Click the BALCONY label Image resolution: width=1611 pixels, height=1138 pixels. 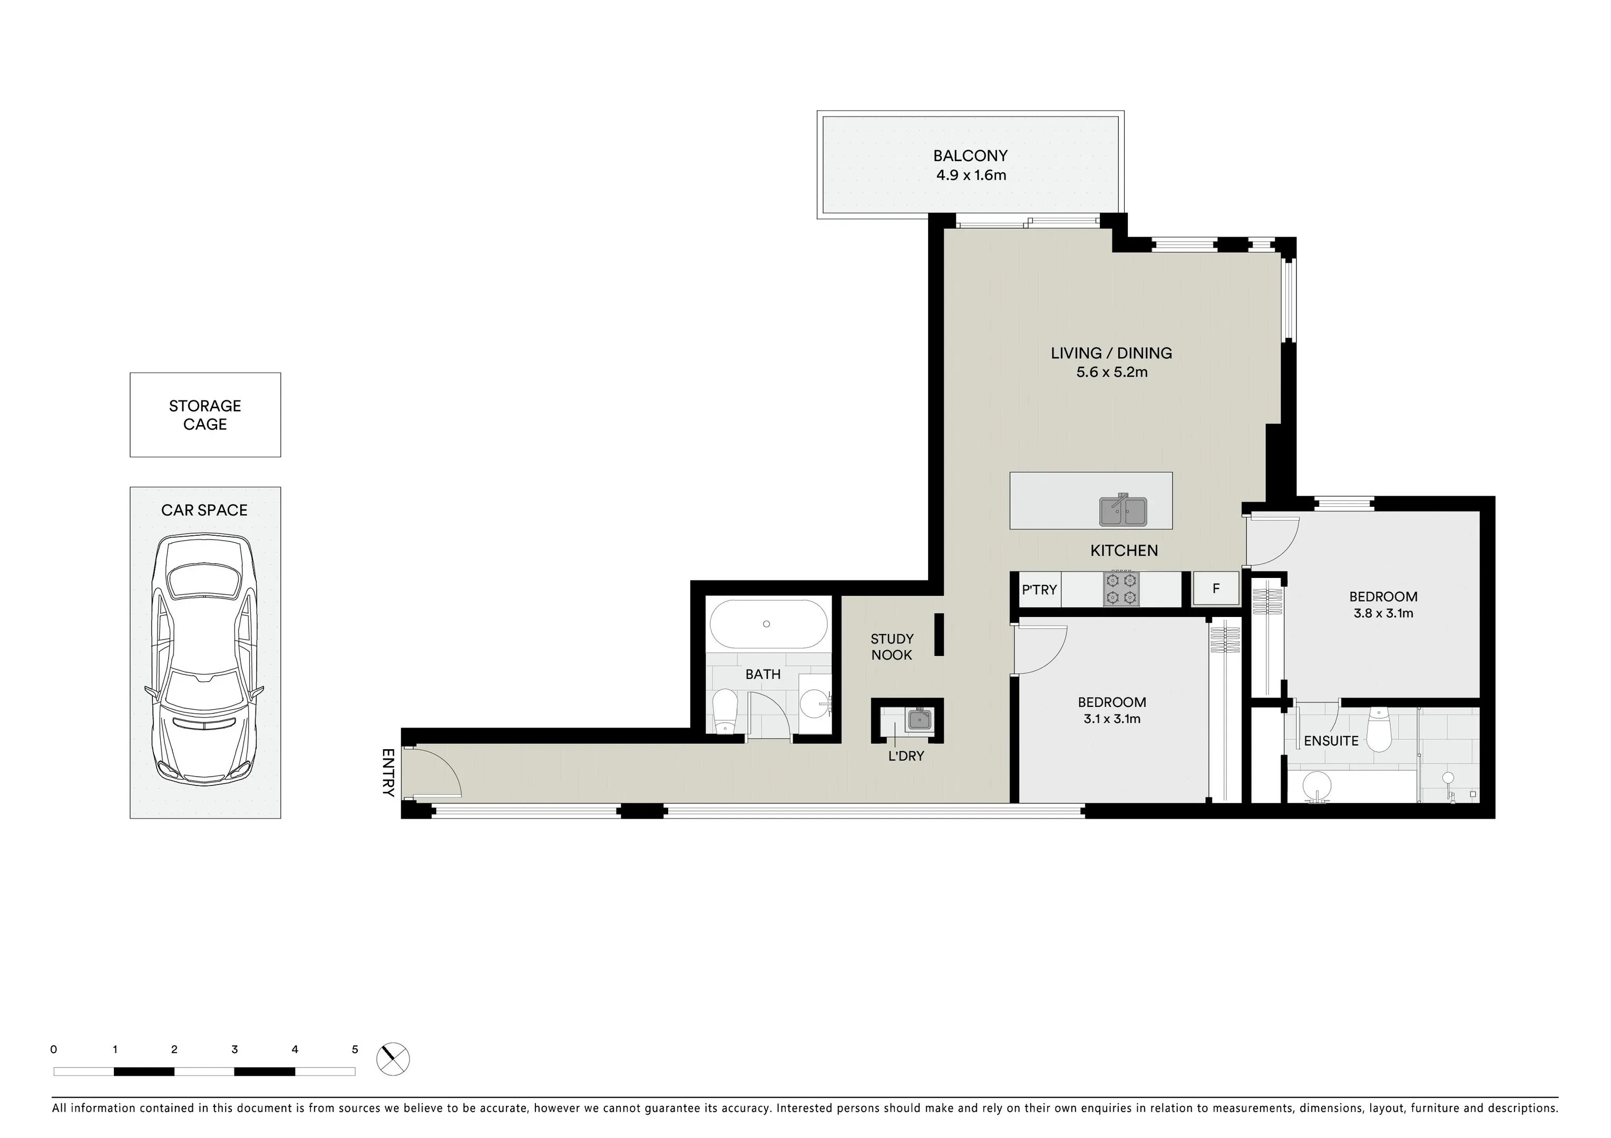tap(970, 156)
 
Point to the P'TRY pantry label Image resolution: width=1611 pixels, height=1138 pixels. tap(1039, 590)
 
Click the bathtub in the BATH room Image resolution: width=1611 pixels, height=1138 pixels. tap(768, 624)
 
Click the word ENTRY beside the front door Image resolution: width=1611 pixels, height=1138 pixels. tap(388, 772)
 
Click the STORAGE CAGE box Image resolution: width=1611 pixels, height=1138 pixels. tap(205, 415)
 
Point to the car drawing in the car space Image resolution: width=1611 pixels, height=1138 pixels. tap(204, 660)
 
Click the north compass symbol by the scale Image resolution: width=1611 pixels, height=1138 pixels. tap(393, 1059)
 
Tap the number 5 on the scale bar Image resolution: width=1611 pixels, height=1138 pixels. tap(355, 1049)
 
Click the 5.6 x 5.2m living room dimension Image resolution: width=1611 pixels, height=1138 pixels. tap(1111, 372)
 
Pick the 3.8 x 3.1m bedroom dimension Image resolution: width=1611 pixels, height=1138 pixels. tap(1383, 613)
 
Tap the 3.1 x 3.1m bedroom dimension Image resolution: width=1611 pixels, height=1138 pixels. tap(1111, 719)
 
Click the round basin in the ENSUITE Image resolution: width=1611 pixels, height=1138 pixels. tap(1317, 786)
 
